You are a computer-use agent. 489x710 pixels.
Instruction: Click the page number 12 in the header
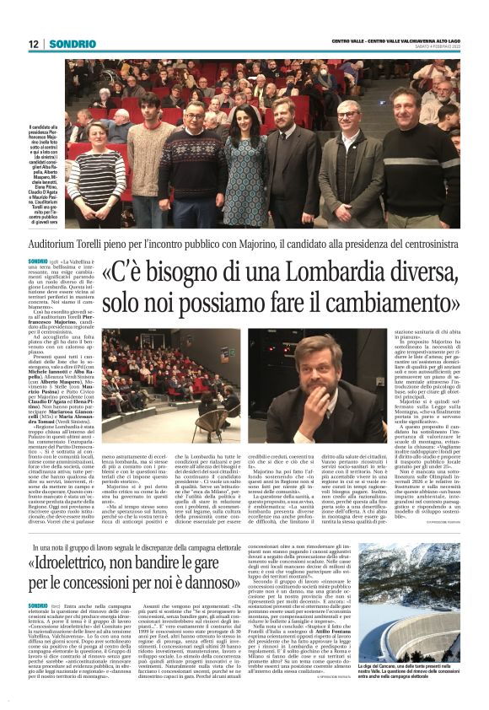(33, 44)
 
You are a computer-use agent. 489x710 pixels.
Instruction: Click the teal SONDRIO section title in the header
(72, 44)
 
